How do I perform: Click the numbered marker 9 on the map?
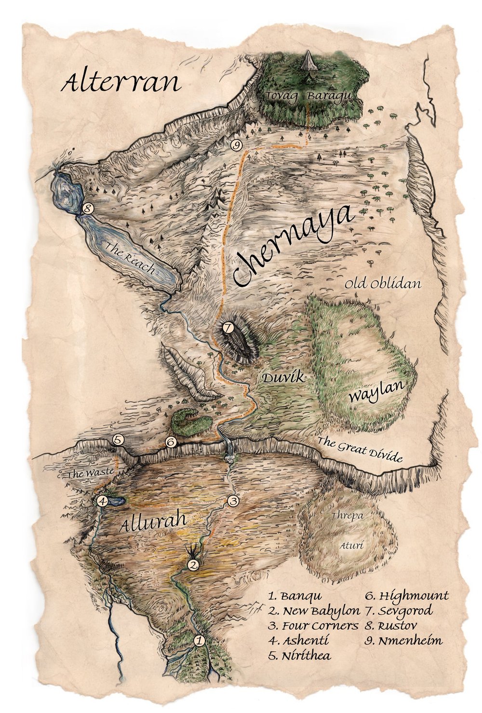pos(236,145)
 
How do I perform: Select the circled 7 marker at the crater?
pos(228,328)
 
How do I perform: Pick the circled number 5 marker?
pos(118,439)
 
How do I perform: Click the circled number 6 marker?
pos(170,442)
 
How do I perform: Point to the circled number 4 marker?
pos(102,501)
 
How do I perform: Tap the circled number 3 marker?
pos(233,501)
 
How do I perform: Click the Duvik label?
pos(283,378)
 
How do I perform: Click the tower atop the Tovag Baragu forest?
pos(308,62)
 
